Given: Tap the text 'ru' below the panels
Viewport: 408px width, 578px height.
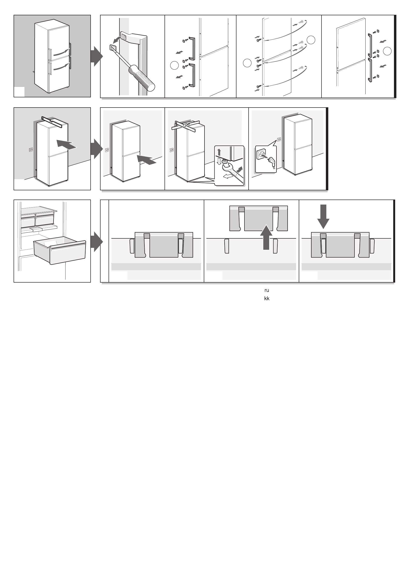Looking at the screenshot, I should [x=267, y=290].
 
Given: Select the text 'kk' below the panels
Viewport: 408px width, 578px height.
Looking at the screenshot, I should [x=267, y=299].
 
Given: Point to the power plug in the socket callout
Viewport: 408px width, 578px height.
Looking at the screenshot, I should [x=271, y=161].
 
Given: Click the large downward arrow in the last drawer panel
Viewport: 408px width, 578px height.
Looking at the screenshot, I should [x=323, y=216].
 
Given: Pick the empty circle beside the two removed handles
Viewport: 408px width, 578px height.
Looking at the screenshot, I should [x=174, y=65].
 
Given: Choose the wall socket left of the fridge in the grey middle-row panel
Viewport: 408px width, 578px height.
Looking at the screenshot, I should [x=31, y=150].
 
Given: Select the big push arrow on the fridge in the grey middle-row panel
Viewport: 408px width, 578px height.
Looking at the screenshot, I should [x=66, y=144].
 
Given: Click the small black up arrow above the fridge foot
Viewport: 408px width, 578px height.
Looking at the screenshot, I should [x=219, y=152].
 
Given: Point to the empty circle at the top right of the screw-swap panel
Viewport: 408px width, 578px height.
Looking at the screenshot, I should [x=311, y=40].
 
